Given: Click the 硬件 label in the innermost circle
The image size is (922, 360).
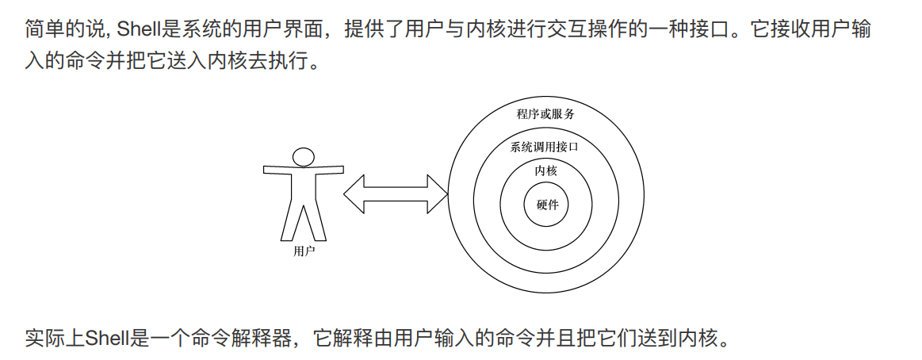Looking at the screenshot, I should [547, 205].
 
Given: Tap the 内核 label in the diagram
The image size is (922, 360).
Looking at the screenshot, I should [546, 170].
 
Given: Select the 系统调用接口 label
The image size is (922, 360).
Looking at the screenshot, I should [544, 147].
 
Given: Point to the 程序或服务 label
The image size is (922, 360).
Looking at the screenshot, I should [545, 114].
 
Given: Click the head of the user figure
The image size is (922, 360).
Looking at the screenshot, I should [303, 155].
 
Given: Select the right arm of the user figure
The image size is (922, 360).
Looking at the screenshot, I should [329, 169].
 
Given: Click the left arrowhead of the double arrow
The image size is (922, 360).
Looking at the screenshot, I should [354, 193].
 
